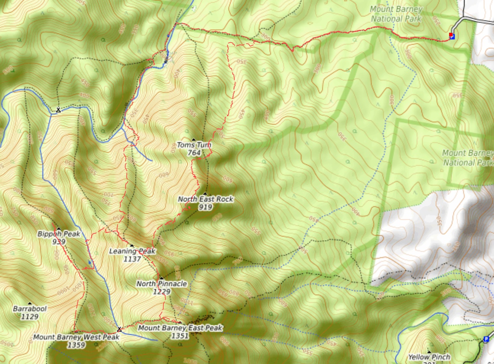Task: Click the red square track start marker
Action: (451, 35)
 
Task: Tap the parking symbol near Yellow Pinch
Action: (486, 339)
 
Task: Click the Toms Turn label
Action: (194, 145)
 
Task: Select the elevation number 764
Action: (194, 153)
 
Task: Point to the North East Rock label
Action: (205, 199)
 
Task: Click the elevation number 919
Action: (205, 207)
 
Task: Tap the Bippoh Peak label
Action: (58, 234)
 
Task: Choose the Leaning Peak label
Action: (132, 251)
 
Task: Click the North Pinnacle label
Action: (161, 284)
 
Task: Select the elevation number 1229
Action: (161, 292)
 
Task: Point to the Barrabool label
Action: (30, 309)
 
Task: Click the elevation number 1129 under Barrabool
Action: (30, 317)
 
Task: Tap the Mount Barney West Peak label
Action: (76, 337)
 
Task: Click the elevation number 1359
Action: (76, 345)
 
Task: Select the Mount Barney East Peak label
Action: (180, 328)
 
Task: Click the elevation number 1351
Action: (180, 336)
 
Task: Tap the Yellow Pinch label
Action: (429, 357)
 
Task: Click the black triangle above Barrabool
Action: (30, 303)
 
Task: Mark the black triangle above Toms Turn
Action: (194, 140)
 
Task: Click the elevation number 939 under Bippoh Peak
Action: (58, 242)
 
